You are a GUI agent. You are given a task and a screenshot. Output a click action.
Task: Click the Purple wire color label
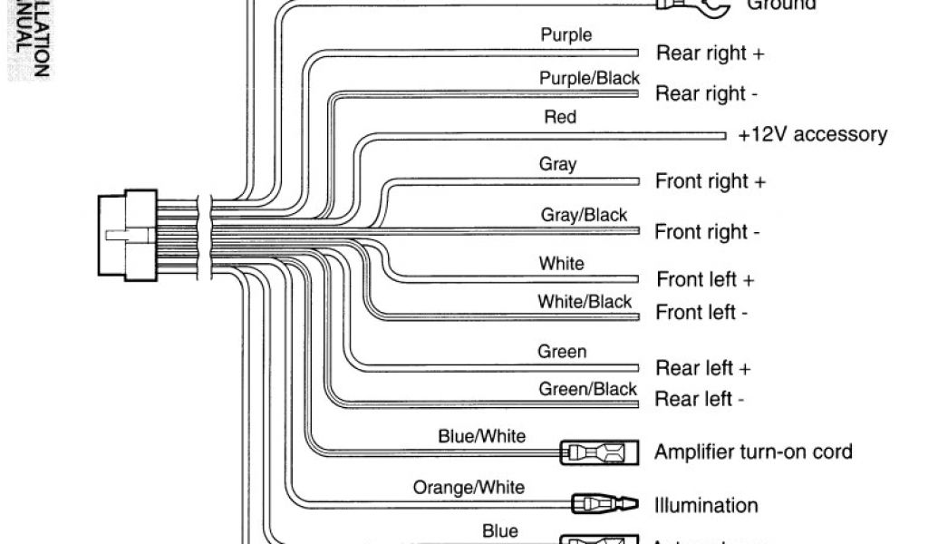566,35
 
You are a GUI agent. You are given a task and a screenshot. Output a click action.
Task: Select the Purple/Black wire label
589,78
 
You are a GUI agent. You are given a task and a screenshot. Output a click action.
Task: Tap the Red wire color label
559,117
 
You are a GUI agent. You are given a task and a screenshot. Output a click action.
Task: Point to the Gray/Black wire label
584,215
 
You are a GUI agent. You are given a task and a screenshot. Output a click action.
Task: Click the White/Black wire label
585,302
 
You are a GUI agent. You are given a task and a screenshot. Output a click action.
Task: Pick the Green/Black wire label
588,389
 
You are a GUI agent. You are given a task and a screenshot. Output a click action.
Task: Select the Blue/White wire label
481,436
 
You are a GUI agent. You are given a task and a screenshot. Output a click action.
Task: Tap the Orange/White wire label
469,487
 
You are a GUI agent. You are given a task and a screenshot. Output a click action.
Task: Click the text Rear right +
710,53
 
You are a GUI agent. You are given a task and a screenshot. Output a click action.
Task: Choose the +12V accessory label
812,135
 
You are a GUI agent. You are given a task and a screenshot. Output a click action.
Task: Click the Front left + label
705,279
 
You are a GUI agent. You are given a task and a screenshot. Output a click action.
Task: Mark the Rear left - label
700,399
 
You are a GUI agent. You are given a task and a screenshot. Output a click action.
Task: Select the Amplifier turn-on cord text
753,451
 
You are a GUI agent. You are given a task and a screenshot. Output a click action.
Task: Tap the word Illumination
706,505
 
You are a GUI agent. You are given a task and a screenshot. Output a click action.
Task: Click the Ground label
780,5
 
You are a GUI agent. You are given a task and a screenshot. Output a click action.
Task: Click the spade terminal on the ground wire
700,6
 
